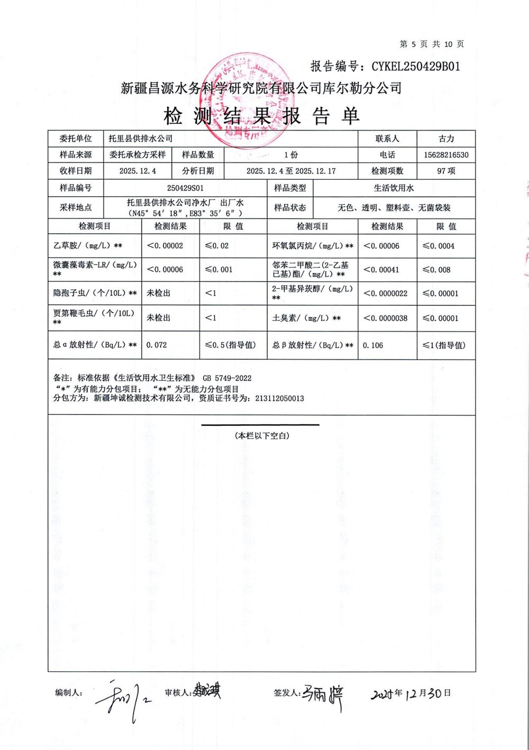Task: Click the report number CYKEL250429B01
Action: [415, 66]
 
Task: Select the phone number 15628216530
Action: [446, 155]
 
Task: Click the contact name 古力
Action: [446, 139]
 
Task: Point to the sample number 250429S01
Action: [185, 188]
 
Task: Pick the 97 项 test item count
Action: [446, 171]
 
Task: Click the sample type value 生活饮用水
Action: [394, 188]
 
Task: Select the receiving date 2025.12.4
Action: [138, 171]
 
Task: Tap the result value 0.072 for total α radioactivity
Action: [157, 345]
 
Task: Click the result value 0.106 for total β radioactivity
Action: [373, 345]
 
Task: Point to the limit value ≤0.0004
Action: [439, 246]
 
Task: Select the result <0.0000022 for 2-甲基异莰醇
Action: [386, 294]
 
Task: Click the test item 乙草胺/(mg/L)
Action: [88, 246]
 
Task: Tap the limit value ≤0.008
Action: [436, 270]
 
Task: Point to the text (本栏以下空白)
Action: [262, 436]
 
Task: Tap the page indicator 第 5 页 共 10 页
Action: [432, 44]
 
